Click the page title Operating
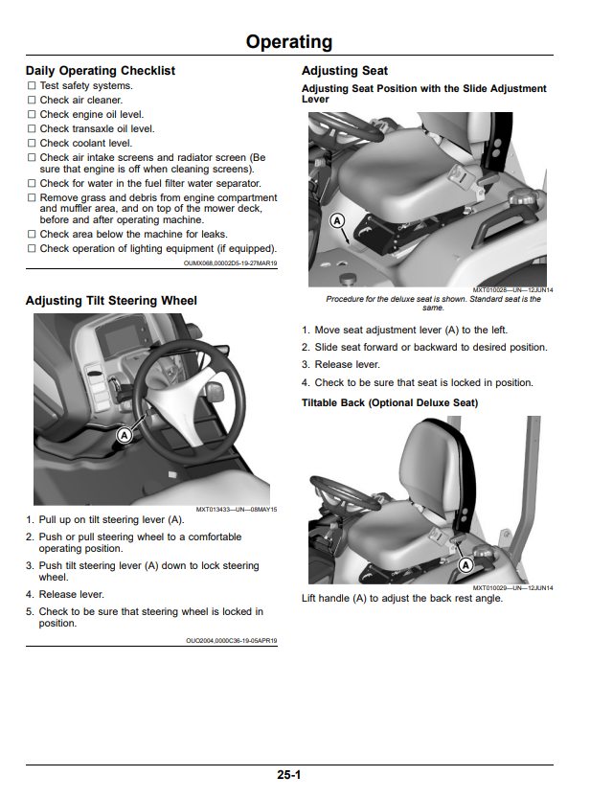(x=289, y=42)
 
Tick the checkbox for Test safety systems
(x=32, y=85)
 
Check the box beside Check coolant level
(x=32, y=143)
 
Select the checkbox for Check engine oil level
(x=32, y=115)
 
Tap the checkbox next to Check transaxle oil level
(x=32, y=129)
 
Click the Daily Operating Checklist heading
(x=101, y=70)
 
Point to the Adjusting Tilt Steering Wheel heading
(x=111, y=301)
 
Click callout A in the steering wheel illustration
(x=124, y=435)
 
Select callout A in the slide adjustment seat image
(x=337, y=220)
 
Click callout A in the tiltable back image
(x=465, y=564)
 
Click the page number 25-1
(x=289, y=774)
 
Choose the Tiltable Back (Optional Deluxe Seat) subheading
(x=390, y=402)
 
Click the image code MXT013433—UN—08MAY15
(x=237, y=510)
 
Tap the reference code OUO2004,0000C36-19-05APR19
(x=232, y=641)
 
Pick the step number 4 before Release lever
(x=30, y=595)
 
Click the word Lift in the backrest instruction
(x=308, y=598)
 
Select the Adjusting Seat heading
(x=345, y=70)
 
